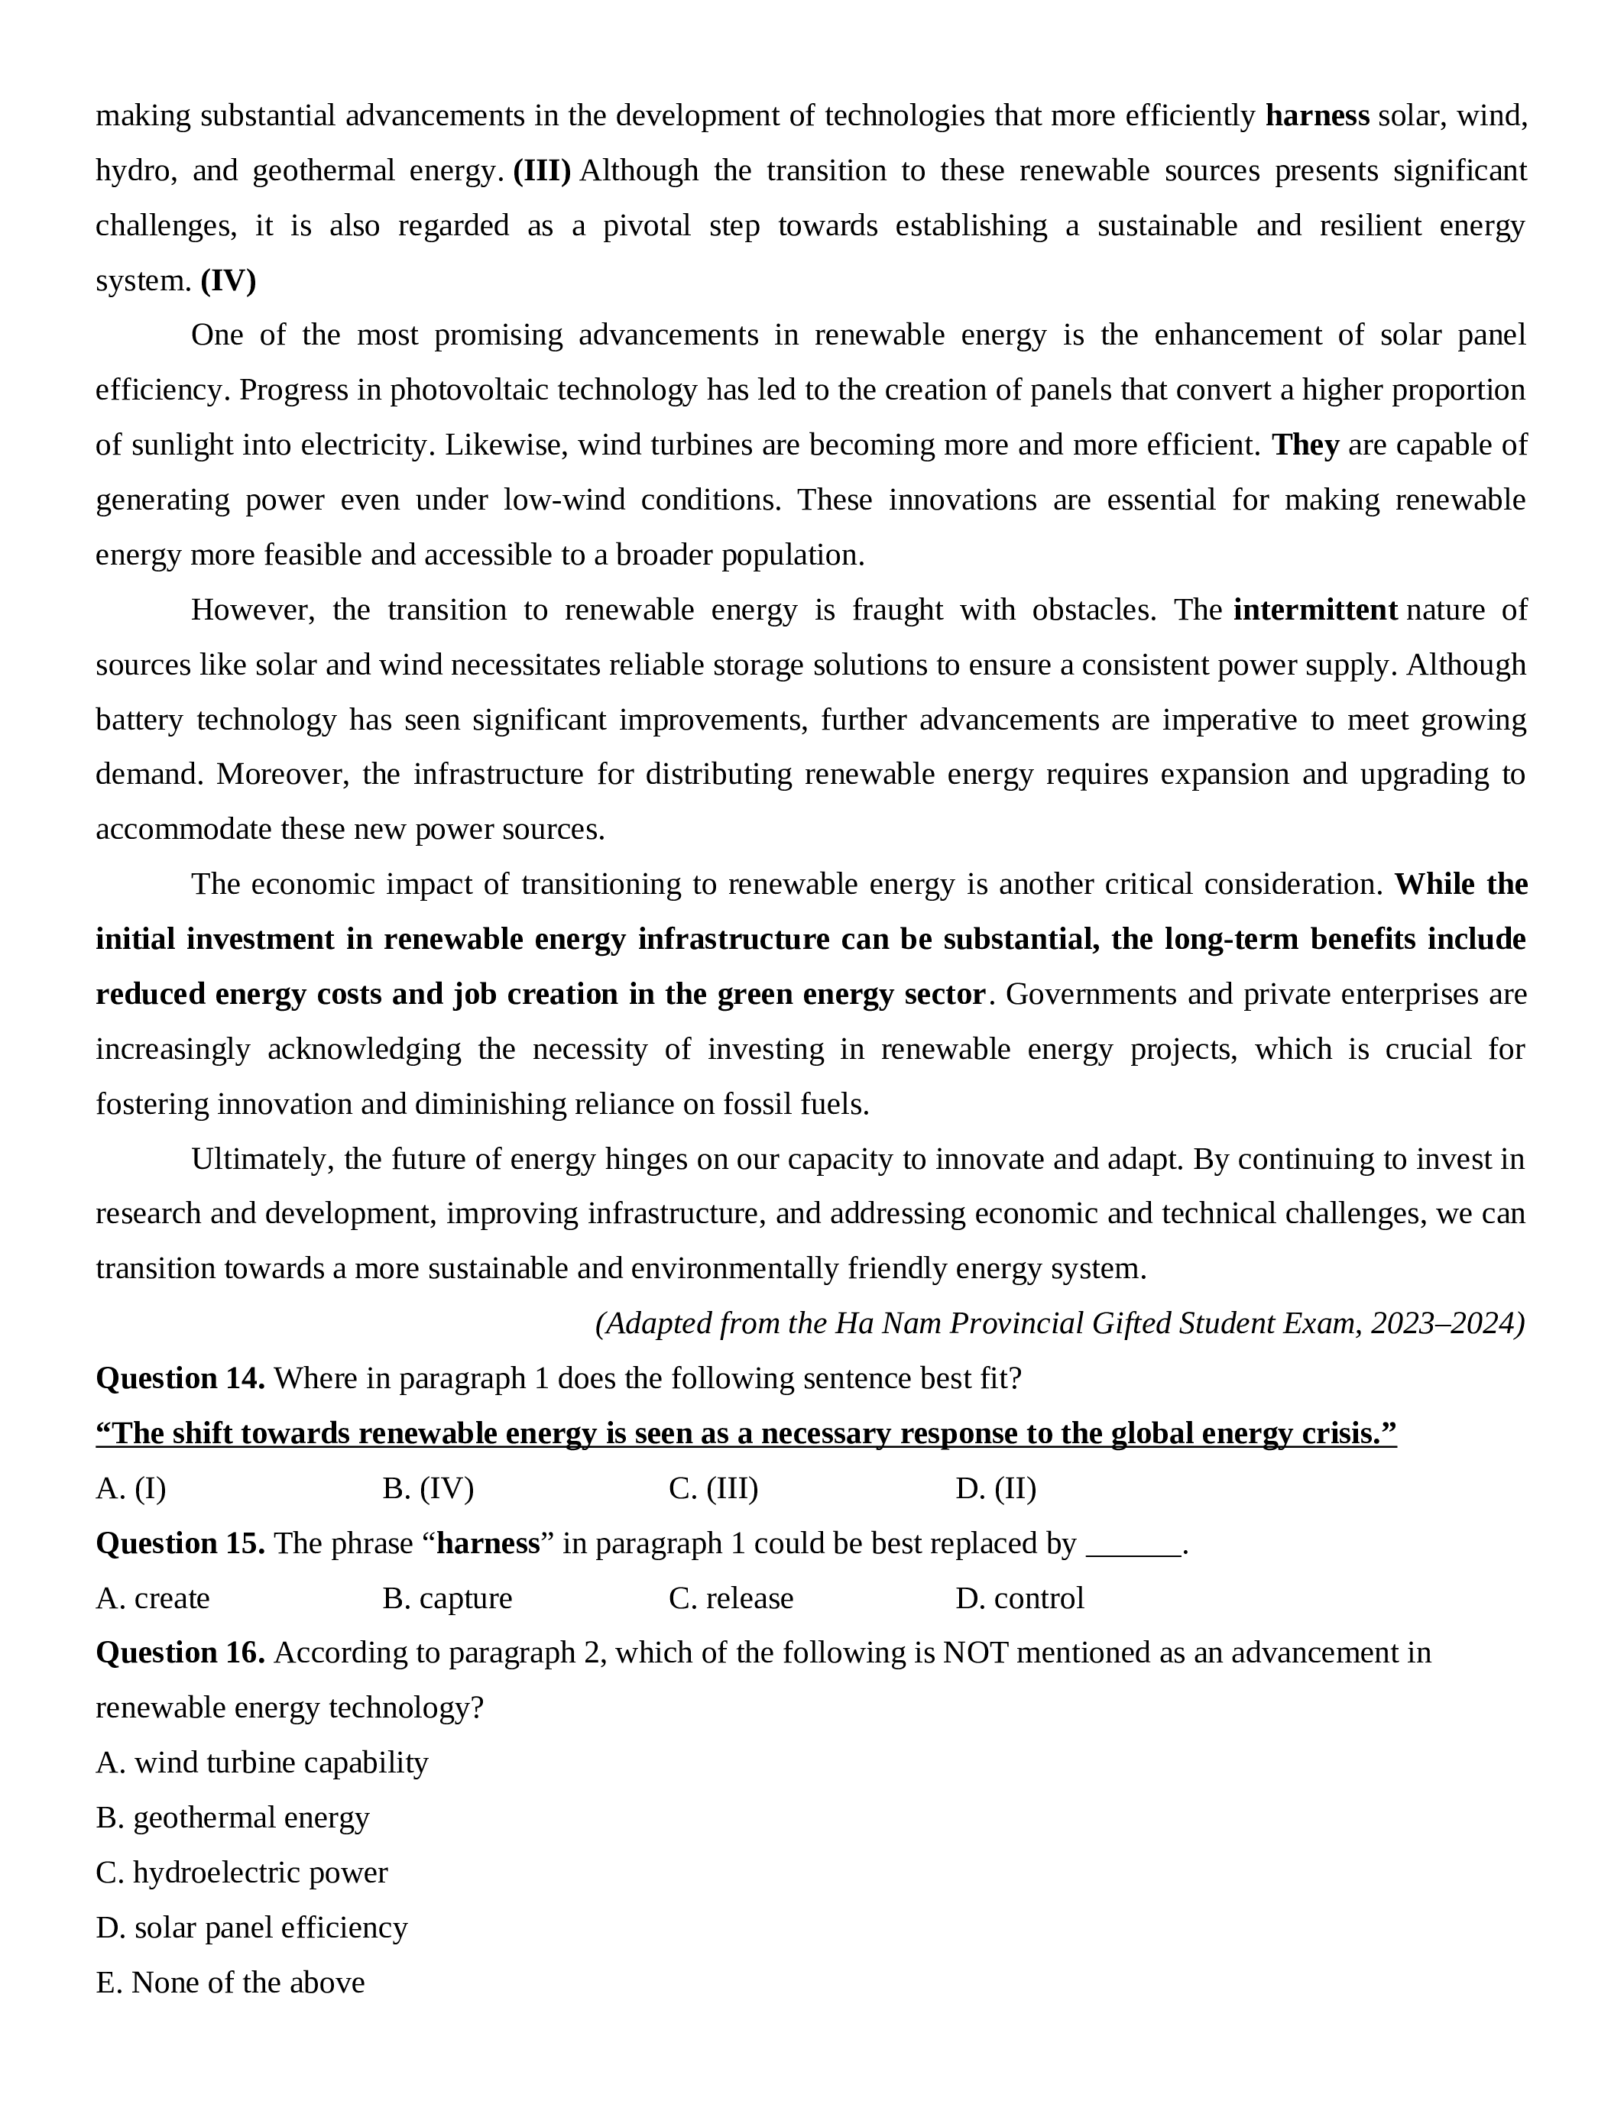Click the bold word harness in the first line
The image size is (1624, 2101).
[x=1316, y=116]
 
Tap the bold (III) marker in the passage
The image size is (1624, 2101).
[x=542, y=171]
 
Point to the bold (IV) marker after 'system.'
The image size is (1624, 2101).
[x=228, y=281]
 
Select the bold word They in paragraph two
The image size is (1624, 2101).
[x=1305, y=445]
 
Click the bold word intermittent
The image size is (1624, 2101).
[x=1314, y=610]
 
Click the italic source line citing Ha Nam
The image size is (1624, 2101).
[x=1059, y=1324]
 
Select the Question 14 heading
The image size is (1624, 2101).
[x=180, y=1378]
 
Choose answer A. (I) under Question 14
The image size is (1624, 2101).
[x=131, y=1488]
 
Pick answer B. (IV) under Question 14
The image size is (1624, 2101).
[x=428, y=1488]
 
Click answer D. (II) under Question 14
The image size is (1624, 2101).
[x=996, y=1488]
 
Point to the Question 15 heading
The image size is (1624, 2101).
[x=180, y=1543]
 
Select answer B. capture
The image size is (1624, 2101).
[x=447, y=1598]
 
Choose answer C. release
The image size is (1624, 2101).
[x=731, y=1598]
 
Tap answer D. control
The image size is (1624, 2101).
[x=1019, y=1598]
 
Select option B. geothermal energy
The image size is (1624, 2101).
[x=233, y=1818]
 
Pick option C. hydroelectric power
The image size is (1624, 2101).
[x=241, y=1872]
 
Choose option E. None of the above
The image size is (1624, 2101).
[x=230, y=1982]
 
